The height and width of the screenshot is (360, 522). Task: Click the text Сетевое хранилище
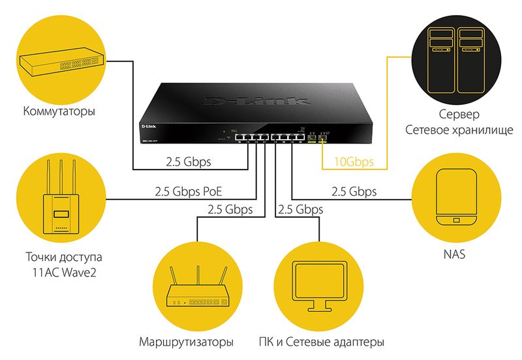pos(456,130)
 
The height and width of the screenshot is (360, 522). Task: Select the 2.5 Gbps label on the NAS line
pos(354,192)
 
